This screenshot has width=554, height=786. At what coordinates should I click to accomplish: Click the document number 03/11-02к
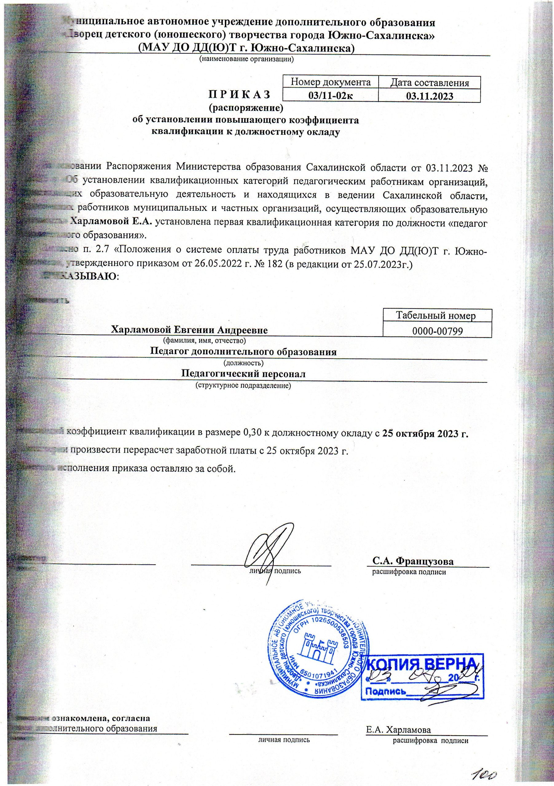(331, 96)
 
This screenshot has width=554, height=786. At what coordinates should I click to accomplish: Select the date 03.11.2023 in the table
(429, 96)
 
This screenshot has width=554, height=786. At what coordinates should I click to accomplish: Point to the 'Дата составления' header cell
(430, 83)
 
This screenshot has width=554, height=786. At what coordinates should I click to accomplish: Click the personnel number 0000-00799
(438, 331)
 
